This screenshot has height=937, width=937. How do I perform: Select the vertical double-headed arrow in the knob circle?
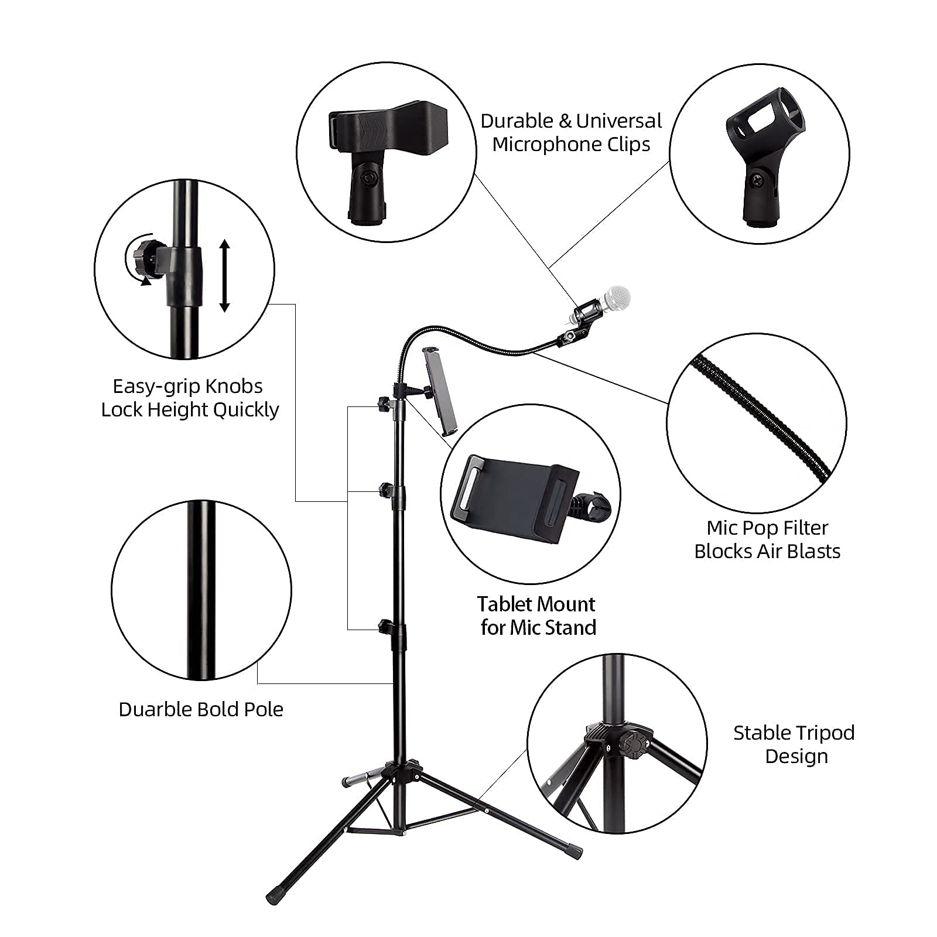[224, 275]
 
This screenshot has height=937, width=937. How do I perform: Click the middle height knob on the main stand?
[384, 488]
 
